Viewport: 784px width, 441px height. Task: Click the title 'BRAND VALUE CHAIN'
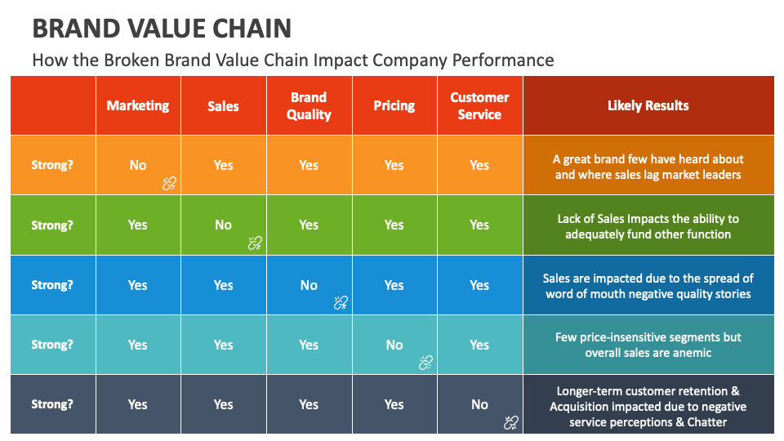coord(162,29)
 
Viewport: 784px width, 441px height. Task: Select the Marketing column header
coord(138,105)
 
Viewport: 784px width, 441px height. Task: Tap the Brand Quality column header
coord(309,105)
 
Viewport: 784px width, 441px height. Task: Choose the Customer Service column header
coord(479,105)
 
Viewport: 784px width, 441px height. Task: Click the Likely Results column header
coord(648,105)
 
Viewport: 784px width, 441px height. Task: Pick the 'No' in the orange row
coord(138,165)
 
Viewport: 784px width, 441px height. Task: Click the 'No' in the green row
coord(223,225)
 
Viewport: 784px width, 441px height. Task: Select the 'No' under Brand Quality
coord(309,285)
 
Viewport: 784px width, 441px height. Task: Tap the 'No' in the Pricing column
coord(394,345)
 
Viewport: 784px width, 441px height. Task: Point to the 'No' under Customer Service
coord(479,404)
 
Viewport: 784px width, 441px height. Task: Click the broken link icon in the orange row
coord(169,184)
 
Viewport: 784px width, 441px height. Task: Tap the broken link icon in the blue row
coord(341,303)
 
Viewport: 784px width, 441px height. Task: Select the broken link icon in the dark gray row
coord(511,422)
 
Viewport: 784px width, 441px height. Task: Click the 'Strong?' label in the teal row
coord(52,345)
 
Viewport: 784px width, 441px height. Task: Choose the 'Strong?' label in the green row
coord(52,225)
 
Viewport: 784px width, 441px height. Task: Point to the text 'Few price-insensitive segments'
coord(648,337)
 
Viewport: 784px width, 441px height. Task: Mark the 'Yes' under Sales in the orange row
coord(223,165)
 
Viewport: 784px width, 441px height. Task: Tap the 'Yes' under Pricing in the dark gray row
coord(394,404)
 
